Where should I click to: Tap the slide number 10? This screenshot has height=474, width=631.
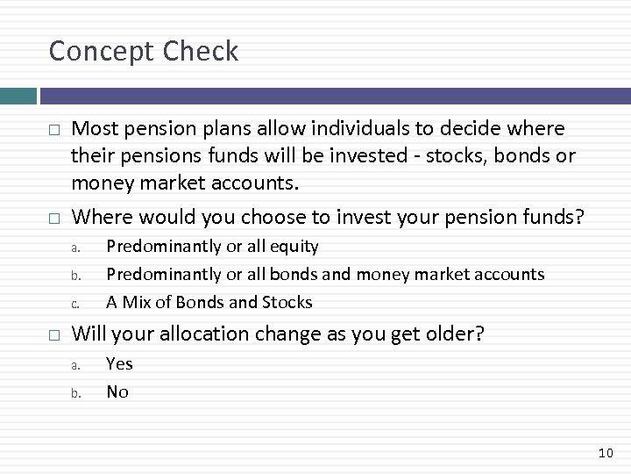pyautogui.click(x=605, y=452)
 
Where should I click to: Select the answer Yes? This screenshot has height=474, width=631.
pyautogui.click(x=119, y=363)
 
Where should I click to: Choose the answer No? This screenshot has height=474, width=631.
pyautogui.click(x=117, y=391)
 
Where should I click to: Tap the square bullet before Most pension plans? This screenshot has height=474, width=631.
pyautogui.click(x=53, y=130)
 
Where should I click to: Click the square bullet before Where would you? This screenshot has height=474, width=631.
pyautogui.click(x=53, y=216)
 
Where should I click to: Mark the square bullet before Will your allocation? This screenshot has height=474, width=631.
pyautogui.click(x=53, y=334)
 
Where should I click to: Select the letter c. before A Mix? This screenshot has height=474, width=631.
pyautogui.click(x=77, y=304)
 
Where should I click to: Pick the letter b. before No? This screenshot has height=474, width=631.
pyautogui.click(x=77, y=393)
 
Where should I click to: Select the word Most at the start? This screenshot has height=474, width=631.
pyautogui.click(x=95, y=129)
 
